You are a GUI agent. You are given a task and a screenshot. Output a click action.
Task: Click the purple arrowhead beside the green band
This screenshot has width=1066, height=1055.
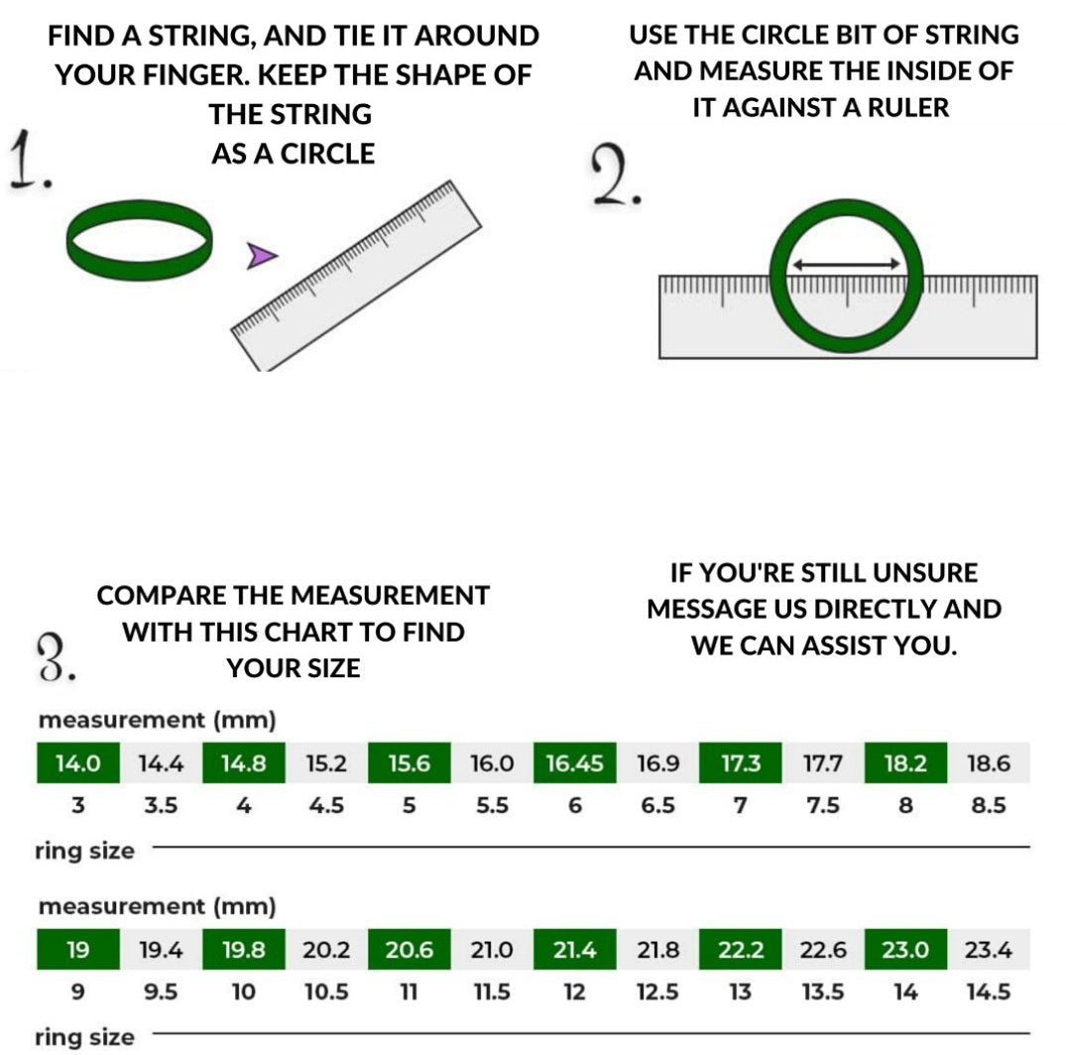(x=261, y=256)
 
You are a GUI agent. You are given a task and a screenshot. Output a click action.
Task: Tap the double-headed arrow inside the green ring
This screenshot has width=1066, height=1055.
(x=847, y=265)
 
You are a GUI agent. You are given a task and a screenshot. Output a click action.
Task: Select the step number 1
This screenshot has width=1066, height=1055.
(x=29, y=161)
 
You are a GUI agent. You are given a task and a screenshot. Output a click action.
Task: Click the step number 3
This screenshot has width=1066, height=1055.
(x=56, y=657)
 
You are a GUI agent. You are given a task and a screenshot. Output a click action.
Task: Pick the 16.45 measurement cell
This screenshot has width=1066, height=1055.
(x=574, y=762)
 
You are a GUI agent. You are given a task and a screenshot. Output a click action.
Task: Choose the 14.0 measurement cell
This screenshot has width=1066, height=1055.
(x=78, y=762)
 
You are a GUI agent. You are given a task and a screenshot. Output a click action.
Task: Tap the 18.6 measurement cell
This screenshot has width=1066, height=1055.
(x=989, y=762)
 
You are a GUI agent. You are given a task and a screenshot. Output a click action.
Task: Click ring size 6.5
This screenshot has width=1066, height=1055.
(x=657, y=805)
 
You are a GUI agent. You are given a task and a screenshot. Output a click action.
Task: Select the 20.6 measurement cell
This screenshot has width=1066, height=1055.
(x=409, y=949)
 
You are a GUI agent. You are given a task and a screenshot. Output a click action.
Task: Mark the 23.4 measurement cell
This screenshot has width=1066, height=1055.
(x=989, y=949)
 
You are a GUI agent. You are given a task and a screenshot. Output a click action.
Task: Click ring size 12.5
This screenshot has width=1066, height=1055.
(x=657, y=992)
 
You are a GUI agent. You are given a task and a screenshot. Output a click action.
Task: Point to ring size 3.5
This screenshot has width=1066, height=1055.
(x=161, y=805)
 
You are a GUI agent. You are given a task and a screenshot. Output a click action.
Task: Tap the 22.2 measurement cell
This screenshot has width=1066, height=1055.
(x=741, y=949)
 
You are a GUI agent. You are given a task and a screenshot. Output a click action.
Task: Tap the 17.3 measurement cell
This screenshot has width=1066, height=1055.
(x=741, y=762)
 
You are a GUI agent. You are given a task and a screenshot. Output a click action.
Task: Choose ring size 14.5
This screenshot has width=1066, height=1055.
(x=989, y=992)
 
